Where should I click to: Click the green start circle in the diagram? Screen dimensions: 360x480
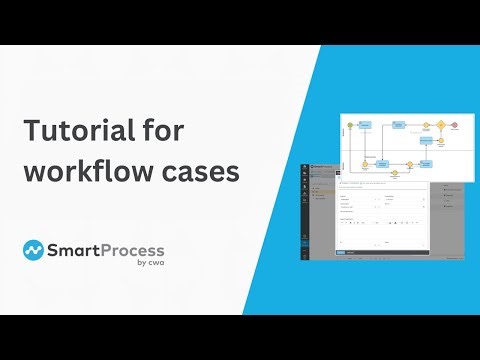[x=350, y=126]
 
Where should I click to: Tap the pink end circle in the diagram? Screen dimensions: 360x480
[x=454, y=125]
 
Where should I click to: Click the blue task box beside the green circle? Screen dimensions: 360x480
[x=366, y=126]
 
